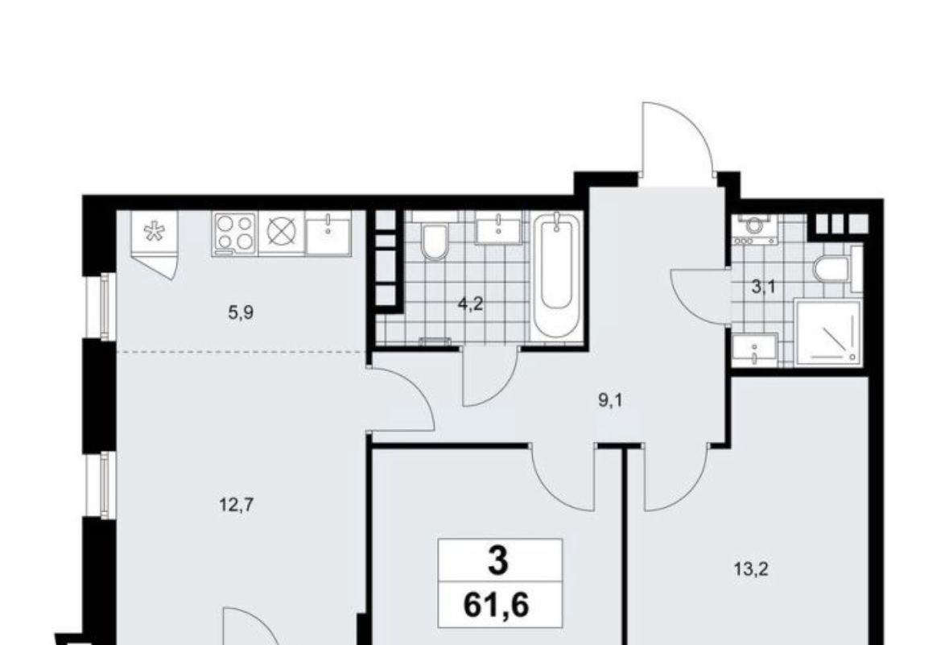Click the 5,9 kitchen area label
[x=241, y=313]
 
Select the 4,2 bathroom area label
[x=470, y=304]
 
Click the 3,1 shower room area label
[x=763, y=287]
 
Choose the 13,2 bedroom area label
[x=751, y=569]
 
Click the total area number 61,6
[x=497, y=604]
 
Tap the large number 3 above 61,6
[x=498, y=561]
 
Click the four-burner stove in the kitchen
[x=234, y=234]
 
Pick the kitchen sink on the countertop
[x=328, y=234]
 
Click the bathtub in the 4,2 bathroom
[x=556, y=275]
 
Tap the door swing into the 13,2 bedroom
[x=675, y=478]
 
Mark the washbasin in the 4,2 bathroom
[x=498, y=229]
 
